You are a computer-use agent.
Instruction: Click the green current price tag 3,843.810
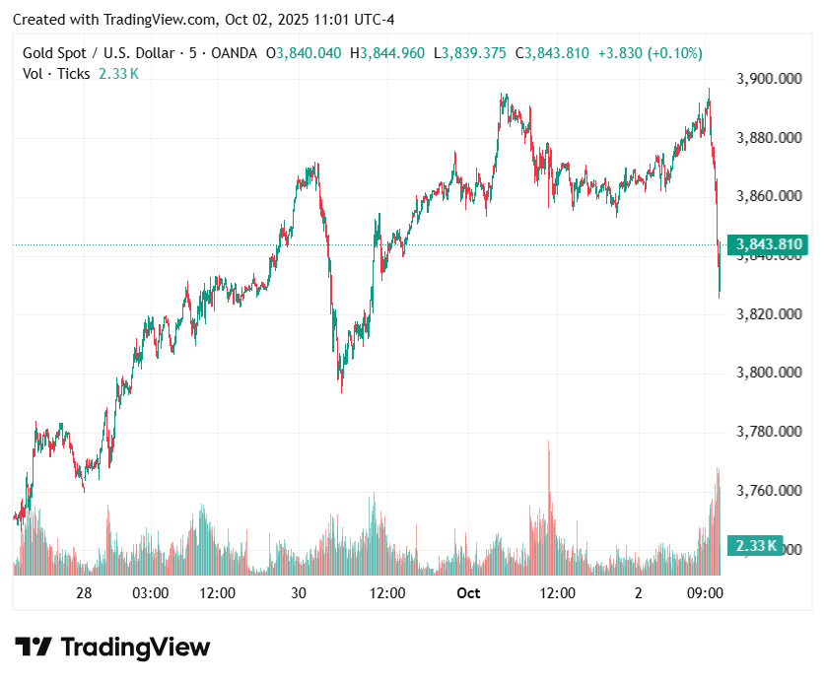[767, 244]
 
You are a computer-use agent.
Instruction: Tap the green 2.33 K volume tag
[754, 545]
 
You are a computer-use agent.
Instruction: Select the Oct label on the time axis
[468, 593]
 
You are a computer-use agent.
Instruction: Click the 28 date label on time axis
[84, 593]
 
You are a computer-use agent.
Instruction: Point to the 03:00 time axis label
[150, 593]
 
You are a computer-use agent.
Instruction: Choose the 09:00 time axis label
[706, 593]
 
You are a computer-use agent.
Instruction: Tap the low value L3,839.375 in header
[473, 53]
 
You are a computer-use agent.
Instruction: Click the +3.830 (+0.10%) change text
[649, 53]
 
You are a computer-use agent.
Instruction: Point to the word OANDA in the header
[235, 53]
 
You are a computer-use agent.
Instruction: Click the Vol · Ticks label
[56, 73]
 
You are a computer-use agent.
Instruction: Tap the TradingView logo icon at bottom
[34, 648]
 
